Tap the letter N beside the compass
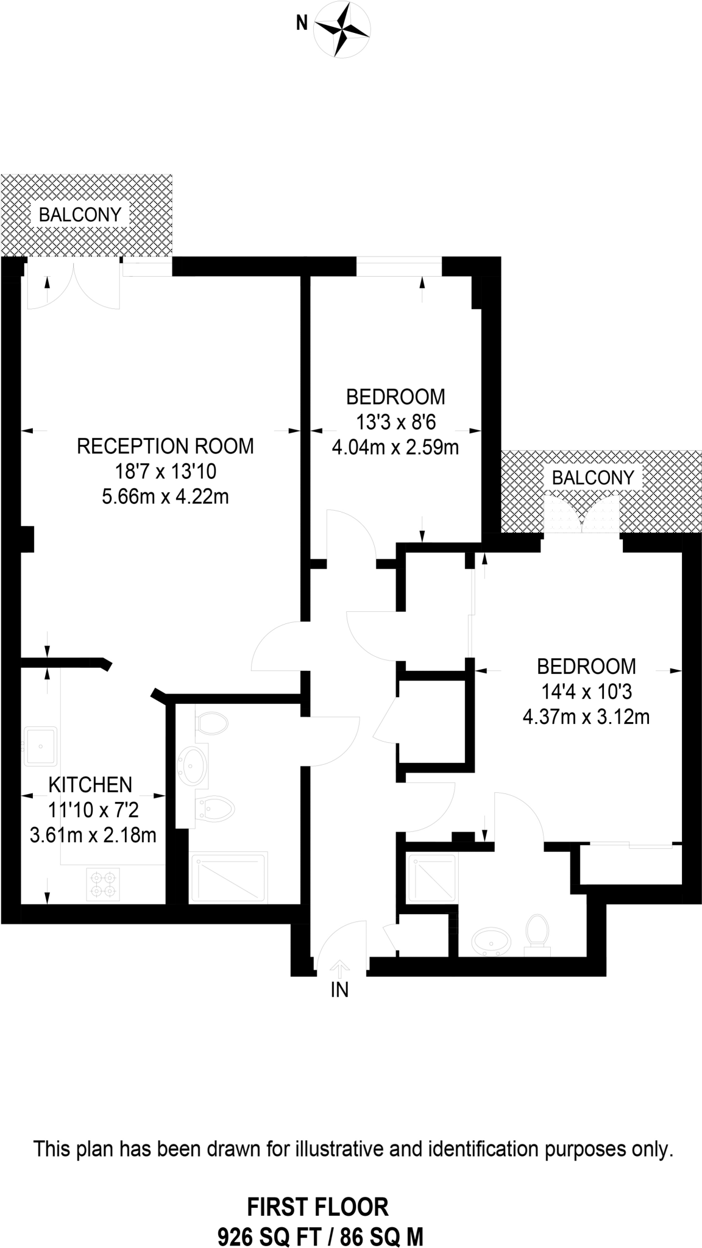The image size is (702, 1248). [x=301, y=24]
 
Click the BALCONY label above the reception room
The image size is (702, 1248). [x=80, y=214]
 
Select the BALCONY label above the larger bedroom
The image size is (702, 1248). [x=593, y=478]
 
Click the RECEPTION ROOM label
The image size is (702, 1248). [x=165, y=446]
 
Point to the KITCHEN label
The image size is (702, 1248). [x=90, y=784]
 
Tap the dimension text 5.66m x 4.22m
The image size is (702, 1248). [x=165, y=497]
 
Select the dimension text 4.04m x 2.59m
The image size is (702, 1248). [x=395, y=448]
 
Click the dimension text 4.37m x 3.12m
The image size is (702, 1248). [x=586, y=717]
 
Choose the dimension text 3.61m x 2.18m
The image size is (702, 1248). [x=93, y=834]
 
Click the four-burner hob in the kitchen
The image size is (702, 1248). [x=103, y=885]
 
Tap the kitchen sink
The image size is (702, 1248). [x=41, y=746]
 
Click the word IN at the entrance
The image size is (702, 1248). [x=339, y=991]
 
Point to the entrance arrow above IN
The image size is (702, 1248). [x=339, y=968]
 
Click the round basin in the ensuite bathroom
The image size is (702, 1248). [x=491, y=941]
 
